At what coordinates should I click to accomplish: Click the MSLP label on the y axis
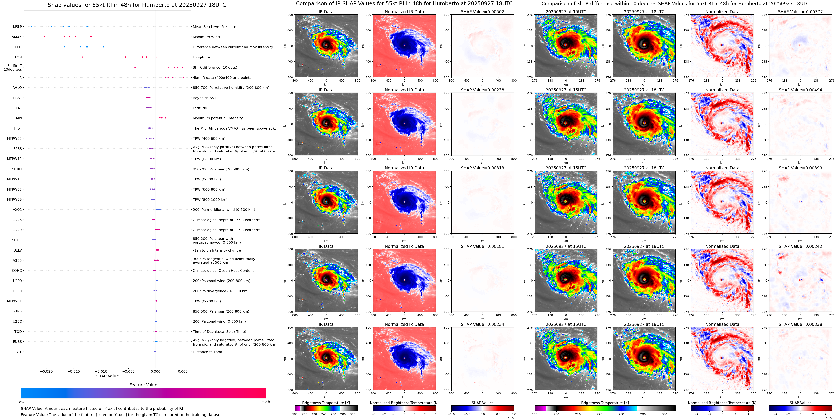(18, 27)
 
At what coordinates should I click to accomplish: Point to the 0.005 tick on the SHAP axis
(183, 371)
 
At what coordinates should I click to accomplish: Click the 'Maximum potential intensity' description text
(218, 118)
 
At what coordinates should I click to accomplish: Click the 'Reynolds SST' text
(204, 98)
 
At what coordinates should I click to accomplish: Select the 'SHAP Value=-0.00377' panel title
(800, 12)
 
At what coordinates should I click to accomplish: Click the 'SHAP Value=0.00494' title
(800, 90)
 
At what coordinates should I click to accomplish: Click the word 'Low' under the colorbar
(21, 402)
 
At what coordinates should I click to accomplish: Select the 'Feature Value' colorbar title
(143, 385)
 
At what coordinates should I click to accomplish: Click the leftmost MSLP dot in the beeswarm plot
(31, 27)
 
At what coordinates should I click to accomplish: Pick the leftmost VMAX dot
(45, 37)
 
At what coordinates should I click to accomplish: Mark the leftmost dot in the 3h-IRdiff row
(135, 67)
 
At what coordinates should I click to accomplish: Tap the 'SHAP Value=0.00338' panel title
(800, 324)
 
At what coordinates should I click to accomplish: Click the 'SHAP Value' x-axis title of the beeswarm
(107, 376)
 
